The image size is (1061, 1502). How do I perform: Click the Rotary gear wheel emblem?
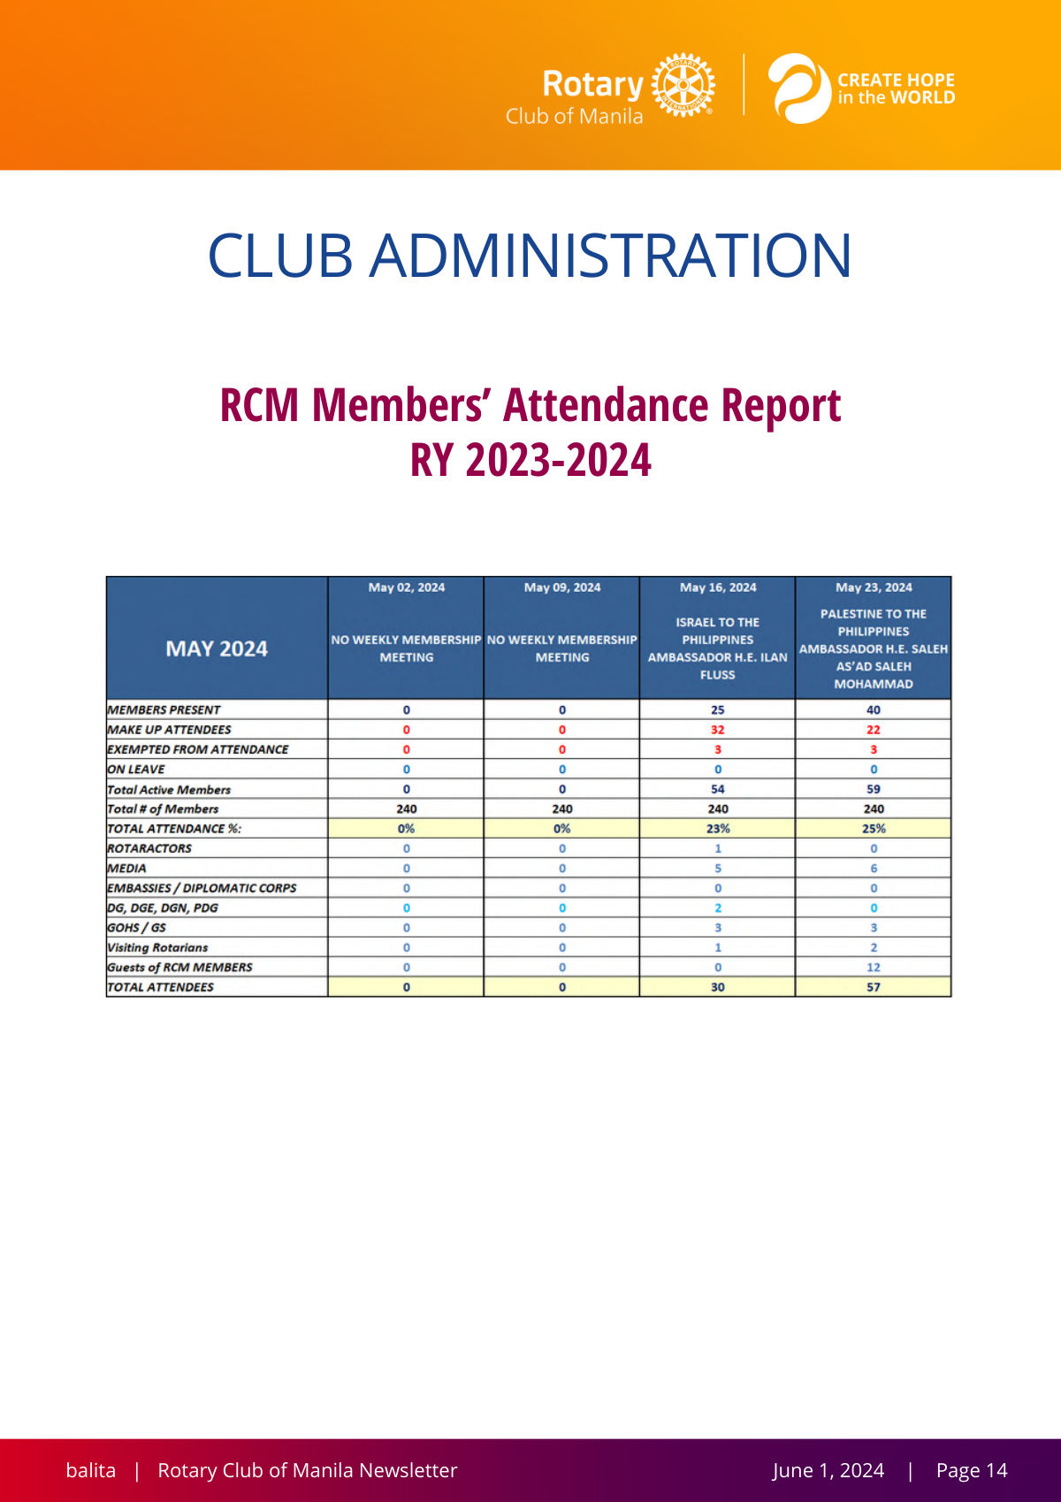pyautogui.click(x=683, y=85)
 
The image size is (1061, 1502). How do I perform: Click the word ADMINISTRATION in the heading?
pyautogui.click(x=610, y=256)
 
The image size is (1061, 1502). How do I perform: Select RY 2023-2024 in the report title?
pyautogui.click(x=530, y=459)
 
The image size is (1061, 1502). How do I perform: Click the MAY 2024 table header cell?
pyautogui.click(x=217, y=648)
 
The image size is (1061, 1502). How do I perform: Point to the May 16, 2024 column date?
pyautogui.click(x=718, y=587)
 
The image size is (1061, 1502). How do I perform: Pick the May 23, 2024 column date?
pyautogui.click(x=874, y=587)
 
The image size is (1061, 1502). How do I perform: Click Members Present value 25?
pyautogui.click(x=718, y=709)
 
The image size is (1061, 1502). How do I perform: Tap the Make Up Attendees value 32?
pyautogui.click(x=718, y=730)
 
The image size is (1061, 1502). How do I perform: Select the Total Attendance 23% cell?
pyautogui.click(x=718, y=828)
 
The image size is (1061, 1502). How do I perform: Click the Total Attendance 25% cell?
pyautogui.click(x=874, y=828)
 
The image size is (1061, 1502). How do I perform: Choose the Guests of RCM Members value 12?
pyautogui.click(x=874, y=967)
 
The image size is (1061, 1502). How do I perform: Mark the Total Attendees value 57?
pyautogui.click(x=874, y=987)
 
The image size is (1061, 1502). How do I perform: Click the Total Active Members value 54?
pyautogui.click(x=718, y=789)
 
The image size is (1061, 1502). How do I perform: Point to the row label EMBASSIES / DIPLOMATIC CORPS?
pyautogui.click(x=202, y=888)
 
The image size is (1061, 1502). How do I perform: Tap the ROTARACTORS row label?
pyautogui.click(x=149, y=848)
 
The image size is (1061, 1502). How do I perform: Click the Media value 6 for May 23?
pyautogui.click(x=874, y=869)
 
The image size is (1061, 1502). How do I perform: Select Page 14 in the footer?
pyautogui.click(x=972, y=1470)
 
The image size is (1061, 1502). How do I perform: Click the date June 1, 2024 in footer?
pyautogui.click(x=828, y=1470)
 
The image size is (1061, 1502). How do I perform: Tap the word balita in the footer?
pyautogui.click(x=90, y=1470)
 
